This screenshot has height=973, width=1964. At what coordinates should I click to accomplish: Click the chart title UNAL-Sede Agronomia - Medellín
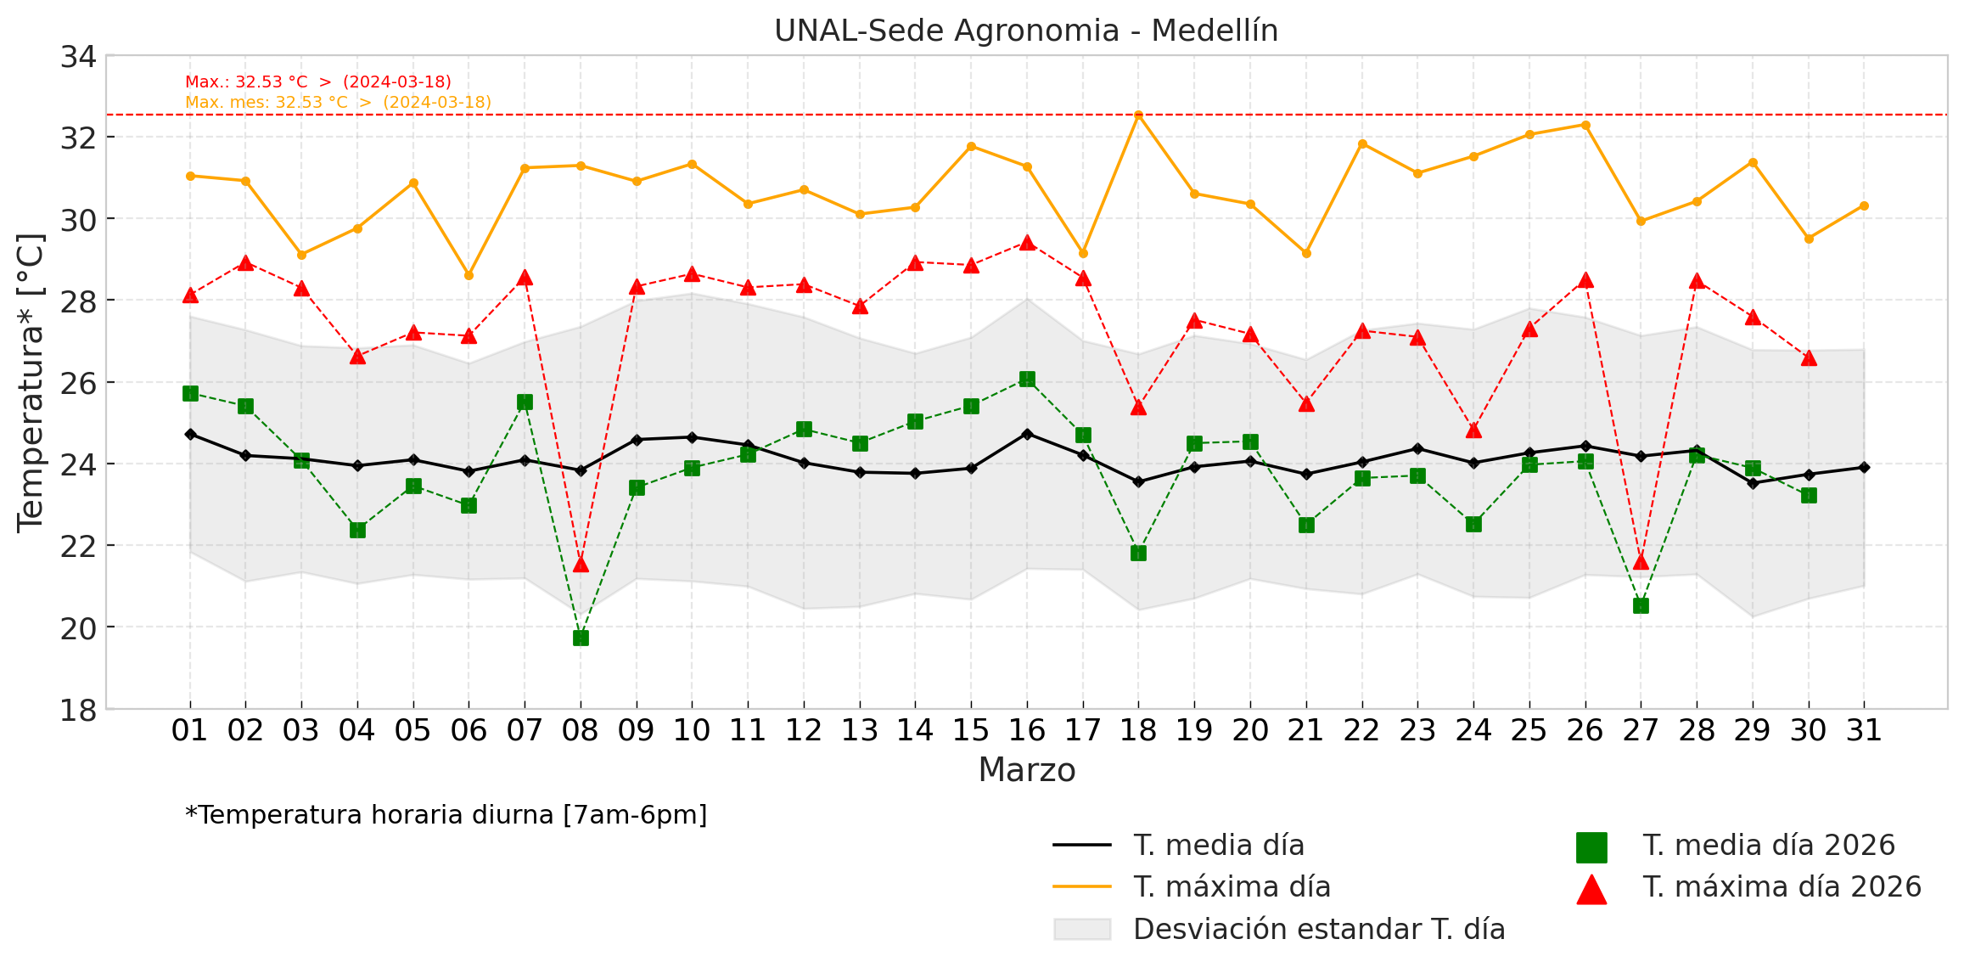(1025, 31)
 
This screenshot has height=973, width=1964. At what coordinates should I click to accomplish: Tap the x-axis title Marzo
(1026, 770)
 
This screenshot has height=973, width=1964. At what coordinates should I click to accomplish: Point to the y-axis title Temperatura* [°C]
(31, 382)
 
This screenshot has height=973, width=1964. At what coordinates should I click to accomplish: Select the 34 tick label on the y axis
(78, 57)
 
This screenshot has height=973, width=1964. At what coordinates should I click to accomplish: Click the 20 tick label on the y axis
(78, 628)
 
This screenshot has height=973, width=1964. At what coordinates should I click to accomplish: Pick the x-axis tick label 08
(581, 730)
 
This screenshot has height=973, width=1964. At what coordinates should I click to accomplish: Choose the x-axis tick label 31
(1864, 730)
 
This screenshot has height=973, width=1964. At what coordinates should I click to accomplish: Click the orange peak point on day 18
(1139, 115)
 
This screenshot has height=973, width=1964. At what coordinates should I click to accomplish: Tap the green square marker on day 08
(581, 638)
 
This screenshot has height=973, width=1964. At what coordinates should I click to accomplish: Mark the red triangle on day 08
(581, 565)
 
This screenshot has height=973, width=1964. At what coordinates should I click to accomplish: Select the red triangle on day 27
(1641, 562)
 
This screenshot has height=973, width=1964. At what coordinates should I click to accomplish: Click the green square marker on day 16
(1027, 379)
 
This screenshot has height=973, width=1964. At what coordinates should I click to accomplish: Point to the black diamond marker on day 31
(1864, 467)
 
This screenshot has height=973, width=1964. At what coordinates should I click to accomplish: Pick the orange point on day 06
(469, 275)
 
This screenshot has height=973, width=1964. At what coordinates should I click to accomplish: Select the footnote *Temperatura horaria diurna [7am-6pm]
(446, 815)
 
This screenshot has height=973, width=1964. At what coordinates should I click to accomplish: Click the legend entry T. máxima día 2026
(1782, 886)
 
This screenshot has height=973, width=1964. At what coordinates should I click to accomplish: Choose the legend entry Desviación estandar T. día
(1318, 929)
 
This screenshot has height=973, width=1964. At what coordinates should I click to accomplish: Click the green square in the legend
(1591, 847)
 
